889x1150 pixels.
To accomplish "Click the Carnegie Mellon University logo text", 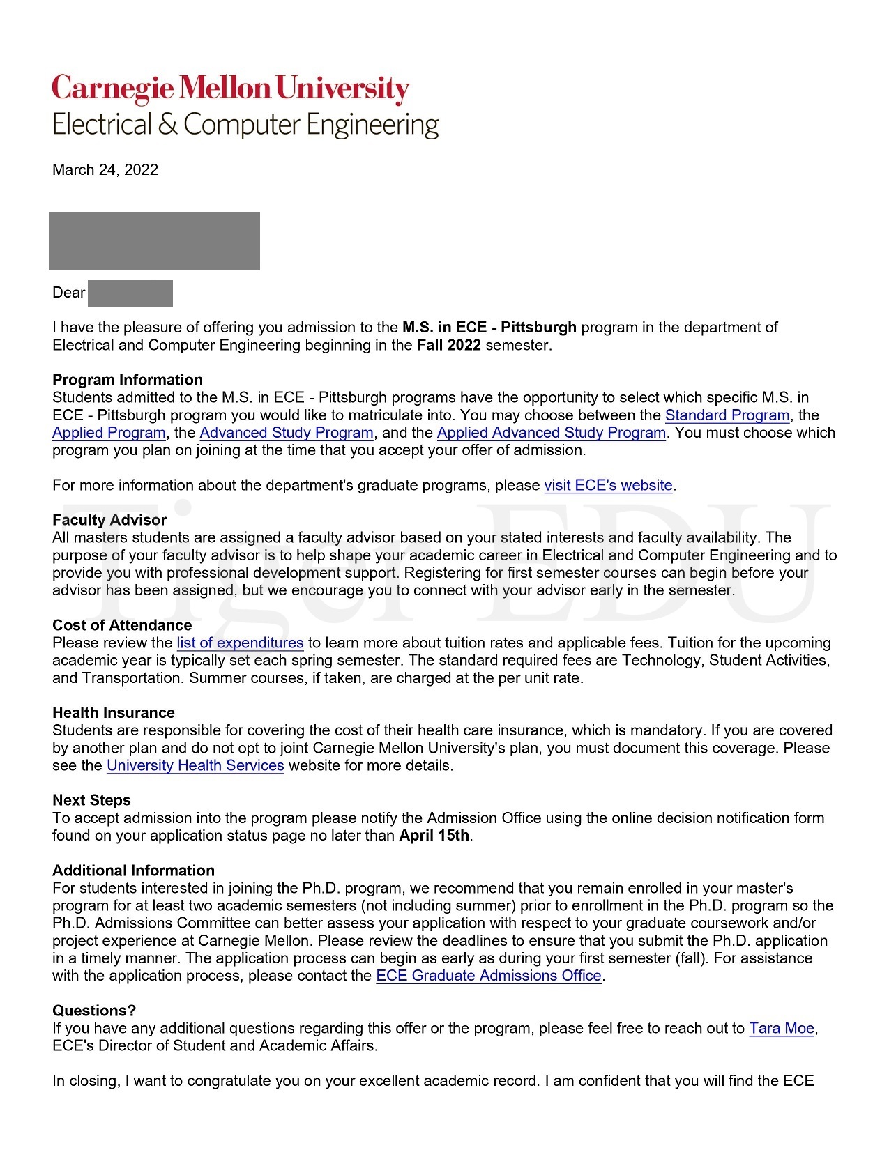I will click(x=230, y=89).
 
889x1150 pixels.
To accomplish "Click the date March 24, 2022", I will click(x=105, y=170).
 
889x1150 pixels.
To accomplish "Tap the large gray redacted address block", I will click(x=154, y=240).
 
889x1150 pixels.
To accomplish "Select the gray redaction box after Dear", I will click(x=130, y=293).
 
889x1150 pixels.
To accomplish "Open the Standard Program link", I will click(x=727, y=415).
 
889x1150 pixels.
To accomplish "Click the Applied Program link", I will click(x=109, y=433).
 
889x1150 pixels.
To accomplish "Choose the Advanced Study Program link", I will click(x=287, y=433).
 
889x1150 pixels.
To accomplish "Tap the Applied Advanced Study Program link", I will click(x=551, y=433).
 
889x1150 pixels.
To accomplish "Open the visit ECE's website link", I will click(x=608, y=485).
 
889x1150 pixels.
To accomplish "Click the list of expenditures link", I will click(x=240, y=643).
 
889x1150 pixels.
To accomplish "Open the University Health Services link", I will click(x=195, y=765).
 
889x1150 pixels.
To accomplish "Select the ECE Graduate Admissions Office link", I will click(x=489, y=976).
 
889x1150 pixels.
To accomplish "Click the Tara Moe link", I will click(x=782, y=1028).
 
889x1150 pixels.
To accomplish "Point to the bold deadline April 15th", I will click(x=434, y=836).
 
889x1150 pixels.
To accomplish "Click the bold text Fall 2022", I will click(x=449, y=345).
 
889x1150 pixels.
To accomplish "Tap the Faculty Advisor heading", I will click(x=109, y=520).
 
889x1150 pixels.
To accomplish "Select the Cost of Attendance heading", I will click(x=122, y=625).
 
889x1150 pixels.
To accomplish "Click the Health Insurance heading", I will click(x=114, y=713).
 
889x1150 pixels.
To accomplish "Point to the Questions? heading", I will click(x=94, y=1011).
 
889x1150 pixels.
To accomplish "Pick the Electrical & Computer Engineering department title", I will click(x=245, y=125).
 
